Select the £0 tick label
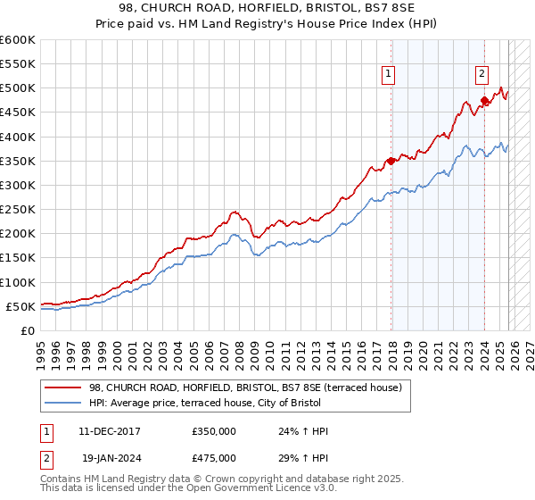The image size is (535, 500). click(27, 330)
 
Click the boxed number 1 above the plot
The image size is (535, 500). click(390, 75)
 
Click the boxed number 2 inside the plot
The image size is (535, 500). click(481, 75)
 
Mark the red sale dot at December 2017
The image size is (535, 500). click(391, 161)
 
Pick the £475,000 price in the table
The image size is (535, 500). click(213, 457)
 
